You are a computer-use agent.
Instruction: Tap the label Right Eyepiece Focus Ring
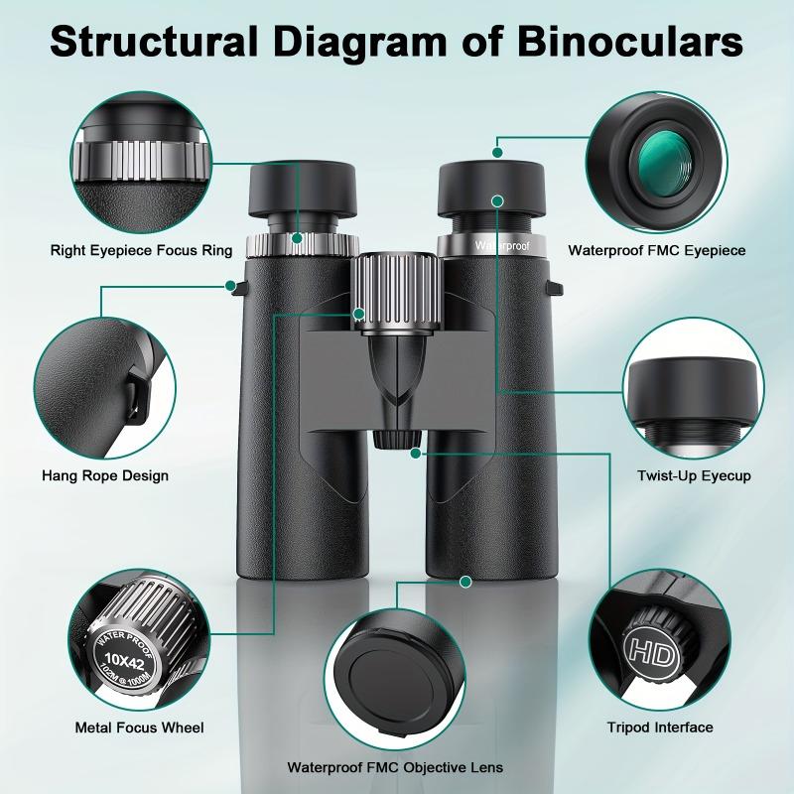click(141, 251)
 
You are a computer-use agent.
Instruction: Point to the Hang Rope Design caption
click(105, 475)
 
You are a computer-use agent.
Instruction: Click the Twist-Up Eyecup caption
click(694, 475)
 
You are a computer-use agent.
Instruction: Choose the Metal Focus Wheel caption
click(140, 728)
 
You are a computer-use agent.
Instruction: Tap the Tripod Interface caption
click(660, 728)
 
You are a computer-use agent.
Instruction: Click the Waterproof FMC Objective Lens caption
click(395, 767)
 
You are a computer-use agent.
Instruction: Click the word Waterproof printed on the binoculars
click(502, 243)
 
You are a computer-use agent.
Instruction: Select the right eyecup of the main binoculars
click(492, 195)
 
